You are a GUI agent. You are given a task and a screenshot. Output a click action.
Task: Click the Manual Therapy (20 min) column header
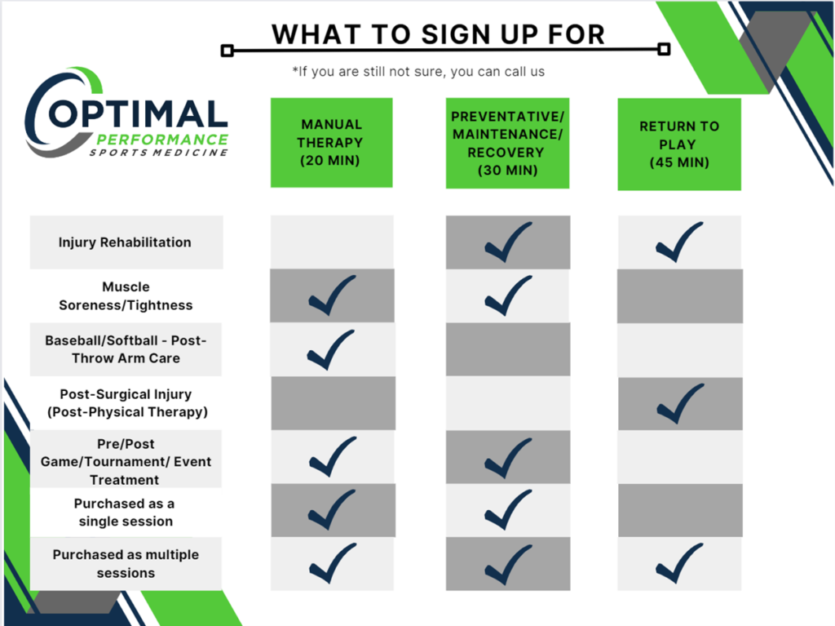pyautogui.click(x=331, y=143)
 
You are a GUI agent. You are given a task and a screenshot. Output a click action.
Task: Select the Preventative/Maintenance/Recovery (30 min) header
pyautogui.click(x=507, y=143)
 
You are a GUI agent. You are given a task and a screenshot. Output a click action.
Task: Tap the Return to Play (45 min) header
pyautogui.click(x=679, y=144)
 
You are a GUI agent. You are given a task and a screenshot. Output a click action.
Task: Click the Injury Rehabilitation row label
pyautogui.click(x=126, y=242)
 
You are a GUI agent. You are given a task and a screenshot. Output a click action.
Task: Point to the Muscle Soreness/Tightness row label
pyautogui.click(x=126, y=296)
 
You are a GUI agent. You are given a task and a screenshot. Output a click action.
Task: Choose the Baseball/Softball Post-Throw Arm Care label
pyautogui.click(x=126, y=349)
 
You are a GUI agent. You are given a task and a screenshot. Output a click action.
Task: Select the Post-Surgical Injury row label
pyautogui.click(x=126, y=403)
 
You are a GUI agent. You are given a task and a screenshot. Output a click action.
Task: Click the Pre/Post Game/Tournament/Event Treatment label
pyautogui.click(x=126, y=461)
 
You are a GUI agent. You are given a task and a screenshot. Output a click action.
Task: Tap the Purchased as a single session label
pyautogui.click(x=126, y=513)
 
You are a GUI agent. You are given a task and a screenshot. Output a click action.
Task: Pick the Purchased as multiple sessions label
pyautogui.click(x=126, y=563)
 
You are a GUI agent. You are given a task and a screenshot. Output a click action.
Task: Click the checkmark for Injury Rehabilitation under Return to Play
pyautogui.click(x=678, y=242)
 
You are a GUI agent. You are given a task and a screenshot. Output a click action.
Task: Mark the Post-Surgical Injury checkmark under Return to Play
pyautogui.click(x=678, y=403)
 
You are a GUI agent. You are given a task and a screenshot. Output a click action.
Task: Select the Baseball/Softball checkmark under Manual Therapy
pyautogui.click(x=331, y=349)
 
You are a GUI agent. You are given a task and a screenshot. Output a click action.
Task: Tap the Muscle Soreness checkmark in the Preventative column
pyautogui.click(x=507, y=295)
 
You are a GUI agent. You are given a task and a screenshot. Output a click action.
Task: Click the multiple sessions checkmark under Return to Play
pyautogui.click(x=678, y=563)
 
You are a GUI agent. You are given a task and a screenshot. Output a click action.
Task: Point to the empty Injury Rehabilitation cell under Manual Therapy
pyautogui.click(x=331, y=242)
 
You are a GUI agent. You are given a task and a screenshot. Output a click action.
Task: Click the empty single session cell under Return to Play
pyautogui.click(x=680, y=510)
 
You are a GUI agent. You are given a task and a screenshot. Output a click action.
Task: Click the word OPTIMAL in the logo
pyautogui.click(x=139, y=114)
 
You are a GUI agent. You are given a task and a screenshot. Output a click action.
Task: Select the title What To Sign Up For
pyautogui.click(x=438, y=34)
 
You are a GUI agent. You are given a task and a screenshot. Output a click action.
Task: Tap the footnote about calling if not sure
pyautogui.click(x=418, y=72)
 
